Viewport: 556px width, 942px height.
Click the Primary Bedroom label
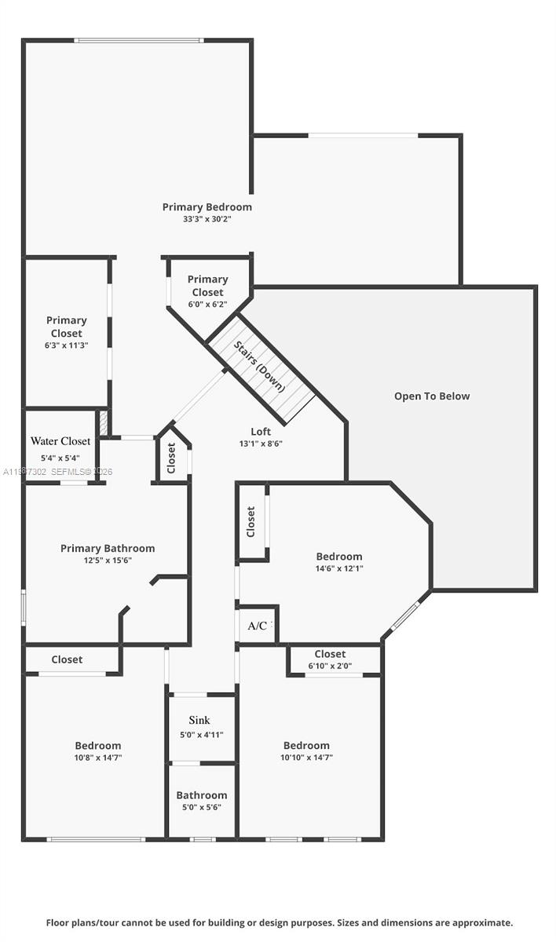pos(207,207)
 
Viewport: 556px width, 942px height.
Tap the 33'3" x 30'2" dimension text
pos(207,220)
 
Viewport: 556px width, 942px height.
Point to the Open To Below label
pos(432,396)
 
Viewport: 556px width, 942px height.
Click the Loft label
pos(261,432)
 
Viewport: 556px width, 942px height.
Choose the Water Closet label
pos(60,441)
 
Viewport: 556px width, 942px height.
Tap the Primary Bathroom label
pos(108,549)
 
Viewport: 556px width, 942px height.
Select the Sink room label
pos(199,721)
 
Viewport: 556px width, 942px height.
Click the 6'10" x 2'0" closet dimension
pos(329,666)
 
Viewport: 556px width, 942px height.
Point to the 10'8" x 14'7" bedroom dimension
pos(98,758)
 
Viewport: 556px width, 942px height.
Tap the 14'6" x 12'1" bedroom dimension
pos(339,569)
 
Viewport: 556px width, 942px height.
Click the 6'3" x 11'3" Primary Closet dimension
pos(66,345)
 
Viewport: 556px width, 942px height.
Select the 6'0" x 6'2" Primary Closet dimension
pos(207,305)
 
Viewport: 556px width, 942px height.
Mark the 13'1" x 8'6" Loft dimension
pos(261,444)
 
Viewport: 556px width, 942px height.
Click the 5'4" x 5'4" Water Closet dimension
pos(60,458)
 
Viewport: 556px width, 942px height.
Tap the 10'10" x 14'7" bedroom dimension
pos(306,758)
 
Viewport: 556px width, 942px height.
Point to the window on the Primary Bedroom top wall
pos(139,40)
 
